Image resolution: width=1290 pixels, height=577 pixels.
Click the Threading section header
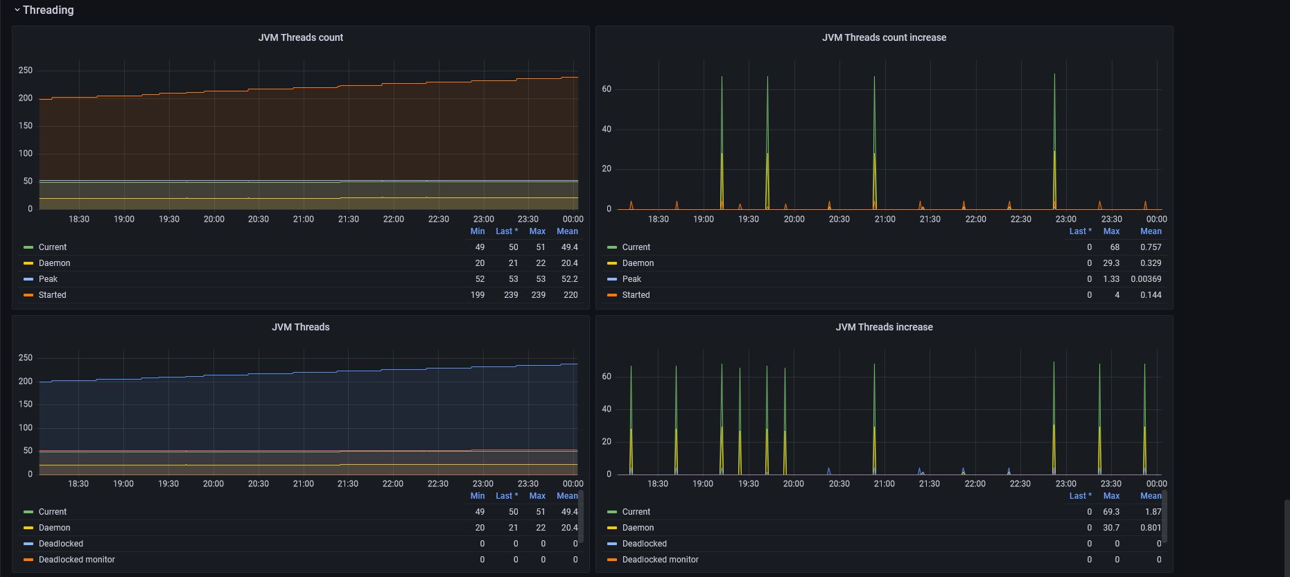[48, 10]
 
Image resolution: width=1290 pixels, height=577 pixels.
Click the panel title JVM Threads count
[300, 37]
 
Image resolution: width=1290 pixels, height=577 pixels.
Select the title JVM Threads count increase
[884, 37]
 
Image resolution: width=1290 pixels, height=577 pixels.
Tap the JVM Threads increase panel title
[884, 327]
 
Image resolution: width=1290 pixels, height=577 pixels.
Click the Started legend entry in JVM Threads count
[53, 295]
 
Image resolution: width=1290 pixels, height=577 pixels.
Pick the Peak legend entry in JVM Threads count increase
[631, 279]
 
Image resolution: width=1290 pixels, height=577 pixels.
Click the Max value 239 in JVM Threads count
[537, 295]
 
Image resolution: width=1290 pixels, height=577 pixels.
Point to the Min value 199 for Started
[478, 295]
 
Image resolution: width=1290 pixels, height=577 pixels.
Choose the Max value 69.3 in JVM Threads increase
[1111, 512]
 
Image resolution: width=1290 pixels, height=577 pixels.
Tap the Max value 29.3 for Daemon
[1111, 263]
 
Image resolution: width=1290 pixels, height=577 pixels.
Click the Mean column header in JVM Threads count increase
[1151, 231]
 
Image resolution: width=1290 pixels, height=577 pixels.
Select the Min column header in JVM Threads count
[478, 231]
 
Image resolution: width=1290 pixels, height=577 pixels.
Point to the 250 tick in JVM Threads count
[26, 71]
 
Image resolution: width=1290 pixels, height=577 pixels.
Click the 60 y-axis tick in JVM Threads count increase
[607, 89]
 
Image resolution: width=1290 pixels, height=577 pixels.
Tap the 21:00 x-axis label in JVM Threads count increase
[884, 219]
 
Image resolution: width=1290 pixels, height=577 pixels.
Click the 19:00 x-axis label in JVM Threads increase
[703, 483]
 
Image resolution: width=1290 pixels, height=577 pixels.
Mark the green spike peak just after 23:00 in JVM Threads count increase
[1054, 74]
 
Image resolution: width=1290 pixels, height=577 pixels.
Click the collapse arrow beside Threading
[17, 10]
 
